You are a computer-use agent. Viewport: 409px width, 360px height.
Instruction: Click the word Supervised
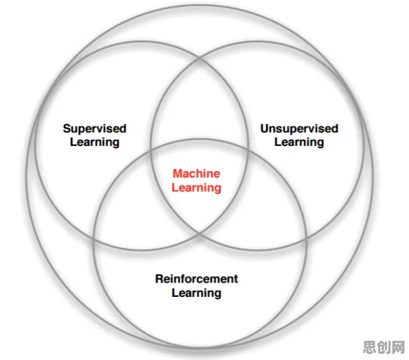pyautogui.click(x=95, y=128)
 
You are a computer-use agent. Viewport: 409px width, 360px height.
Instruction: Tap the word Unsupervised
pyautogui.click(x=299, y=128)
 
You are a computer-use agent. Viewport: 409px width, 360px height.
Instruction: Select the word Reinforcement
pyautogui.click(x=196, y=278)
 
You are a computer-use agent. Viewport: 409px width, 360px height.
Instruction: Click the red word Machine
pyautogui.click(x=196, y=173)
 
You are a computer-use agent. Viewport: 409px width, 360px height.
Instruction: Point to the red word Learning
pyautogui.click(x=196, y=188)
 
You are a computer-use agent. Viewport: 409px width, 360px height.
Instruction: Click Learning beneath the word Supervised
pyautogui.click(x=95, y=143)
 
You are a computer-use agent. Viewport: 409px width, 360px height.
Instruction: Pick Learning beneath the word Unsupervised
pyautogui.click(x=299, y=143)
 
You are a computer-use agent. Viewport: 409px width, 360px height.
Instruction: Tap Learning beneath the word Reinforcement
pyautogui.click(x=196, y=293)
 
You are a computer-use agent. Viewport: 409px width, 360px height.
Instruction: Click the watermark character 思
pyautogui.click(x=370, y=347)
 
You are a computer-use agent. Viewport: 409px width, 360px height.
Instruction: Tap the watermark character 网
pyautogui.click(x=398, y=347)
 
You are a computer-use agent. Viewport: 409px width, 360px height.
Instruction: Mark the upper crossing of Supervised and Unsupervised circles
pyautogui.click(x=200, y=59)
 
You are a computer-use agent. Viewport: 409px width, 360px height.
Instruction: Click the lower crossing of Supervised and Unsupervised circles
pyautogui.click(x=200, y=232)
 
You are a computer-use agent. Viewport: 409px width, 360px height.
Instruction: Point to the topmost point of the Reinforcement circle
pyautogui.click(x=200, y=139)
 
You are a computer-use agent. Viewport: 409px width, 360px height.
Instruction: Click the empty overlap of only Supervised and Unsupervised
pyautogui.click(x=200, y=104)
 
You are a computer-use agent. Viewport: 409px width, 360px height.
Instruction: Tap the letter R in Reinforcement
pyautogui.click(x=159, y=278)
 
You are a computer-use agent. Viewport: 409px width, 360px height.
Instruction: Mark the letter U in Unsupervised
pyautogui.click(x=265, y=129)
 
